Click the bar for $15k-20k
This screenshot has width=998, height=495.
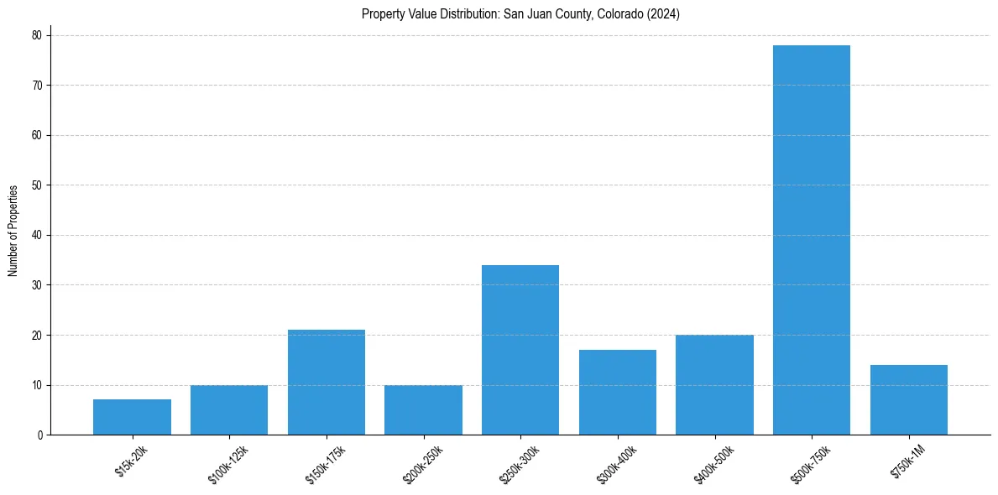click(132, 417)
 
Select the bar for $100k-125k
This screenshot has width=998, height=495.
click(229, 410)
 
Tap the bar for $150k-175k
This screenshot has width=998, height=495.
click(327, 383)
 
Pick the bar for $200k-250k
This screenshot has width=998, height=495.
click(423, 410)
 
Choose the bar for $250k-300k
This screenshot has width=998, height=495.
click(520, 350)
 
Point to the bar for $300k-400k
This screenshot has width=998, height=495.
click(618, 393)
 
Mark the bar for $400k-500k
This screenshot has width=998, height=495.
click(714, 385)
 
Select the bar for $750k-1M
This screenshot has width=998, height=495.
click(909, 400)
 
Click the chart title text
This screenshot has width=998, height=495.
click(520, 14)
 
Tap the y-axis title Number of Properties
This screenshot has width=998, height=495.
click(13, 231)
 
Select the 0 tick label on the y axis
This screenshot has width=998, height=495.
click(40, 435)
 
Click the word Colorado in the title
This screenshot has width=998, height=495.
click(622, 14)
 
